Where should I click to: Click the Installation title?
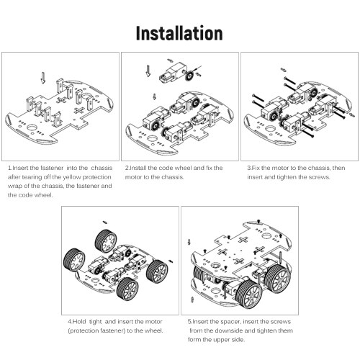[x=179, y=33]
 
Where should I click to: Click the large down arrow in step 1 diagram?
[x=43, y=78]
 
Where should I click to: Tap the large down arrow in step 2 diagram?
[x=148, y=71]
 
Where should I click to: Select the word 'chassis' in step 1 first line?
[x=102, y=168]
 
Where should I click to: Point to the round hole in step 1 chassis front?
[x=32, y=127]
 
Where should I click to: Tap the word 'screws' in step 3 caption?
[x=320, y=177]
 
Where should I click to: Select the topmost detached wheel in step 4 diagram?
[x=106, y=240]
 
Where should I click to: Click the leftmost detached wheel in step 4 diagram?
[x=74, y=260]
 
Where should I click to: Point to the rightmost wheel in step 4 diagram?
[x=157, y=271]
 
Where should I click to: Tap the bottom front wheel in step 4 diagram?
[x=127, y=289]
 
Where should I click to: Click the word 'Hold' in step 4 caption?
[x=79, y=322]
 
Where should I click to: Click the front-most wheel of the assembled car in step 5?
[x=250, y=294]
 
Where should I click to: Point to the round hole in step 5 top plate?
[x=266, y=236]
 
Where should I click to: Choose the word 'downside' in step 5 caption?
[x=228, y=330]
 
